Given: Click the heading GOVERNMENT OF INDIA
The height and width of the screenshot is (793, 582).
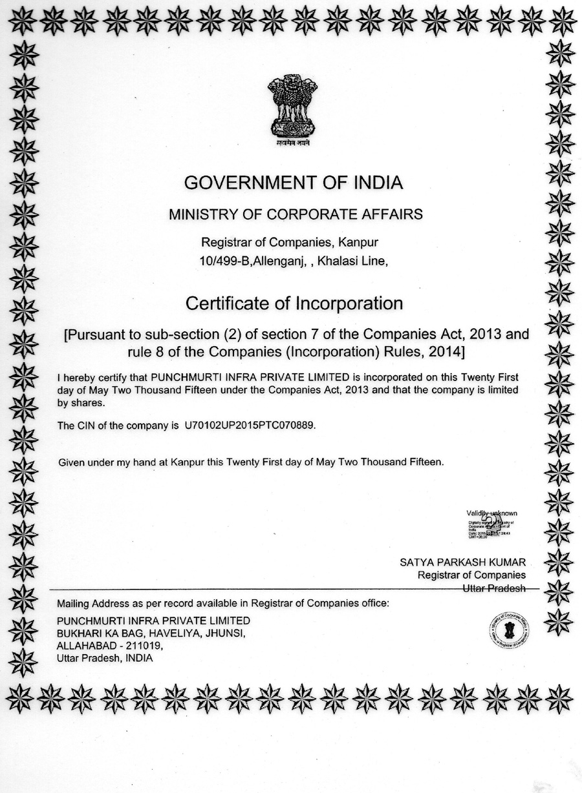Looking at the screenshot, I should (x=294, y=183).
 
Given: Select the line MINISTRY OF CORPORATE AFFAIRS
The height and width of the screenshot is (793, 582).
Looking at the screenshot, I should (x=296, y=214).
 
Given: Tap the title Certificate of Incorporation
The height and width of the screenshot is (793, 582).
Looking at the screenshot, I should (x=294, y=303).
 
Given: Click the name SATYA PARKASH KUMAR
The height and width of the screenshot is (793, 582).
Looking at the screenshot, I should (x=462, y=562).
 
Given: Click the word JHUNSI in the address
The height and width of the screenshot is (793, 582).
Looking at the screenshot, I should (x=224, y=633).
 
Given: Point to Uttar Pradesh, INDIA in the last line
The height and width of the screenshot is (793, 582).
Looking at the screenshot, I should (x=105, y=658).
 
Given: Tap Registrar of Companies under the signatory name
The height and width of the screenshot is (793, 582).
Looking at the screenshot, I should (x=471, y=575).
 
